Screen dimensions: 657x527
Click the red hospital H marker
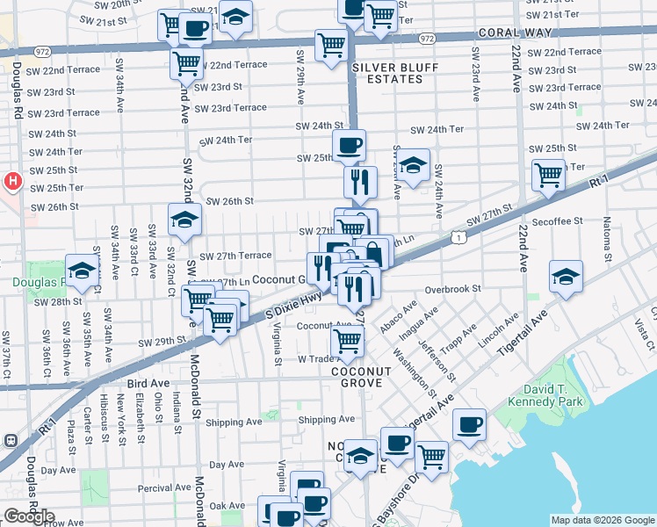[x=13, y=182]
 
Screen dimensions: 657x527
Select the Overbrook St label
[x=452, y=288]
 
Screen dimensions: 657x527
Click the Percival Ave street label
[x=164, y=487]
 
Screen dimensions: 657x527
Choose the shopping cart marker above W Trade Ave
[x=348, y=341]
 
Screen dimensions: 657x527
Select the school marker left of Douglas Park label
[x=81, y=271]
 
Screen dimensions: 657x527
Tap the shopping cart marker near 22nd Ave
[x=548, y=174]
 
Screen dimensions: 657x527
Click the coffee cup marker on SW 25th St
[x=349, y=145]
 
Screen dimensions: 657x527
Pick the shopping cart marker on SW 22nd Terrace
[x=186, y=62]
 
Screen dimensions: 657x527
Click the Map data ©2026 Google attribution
[x=602, y=519]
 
